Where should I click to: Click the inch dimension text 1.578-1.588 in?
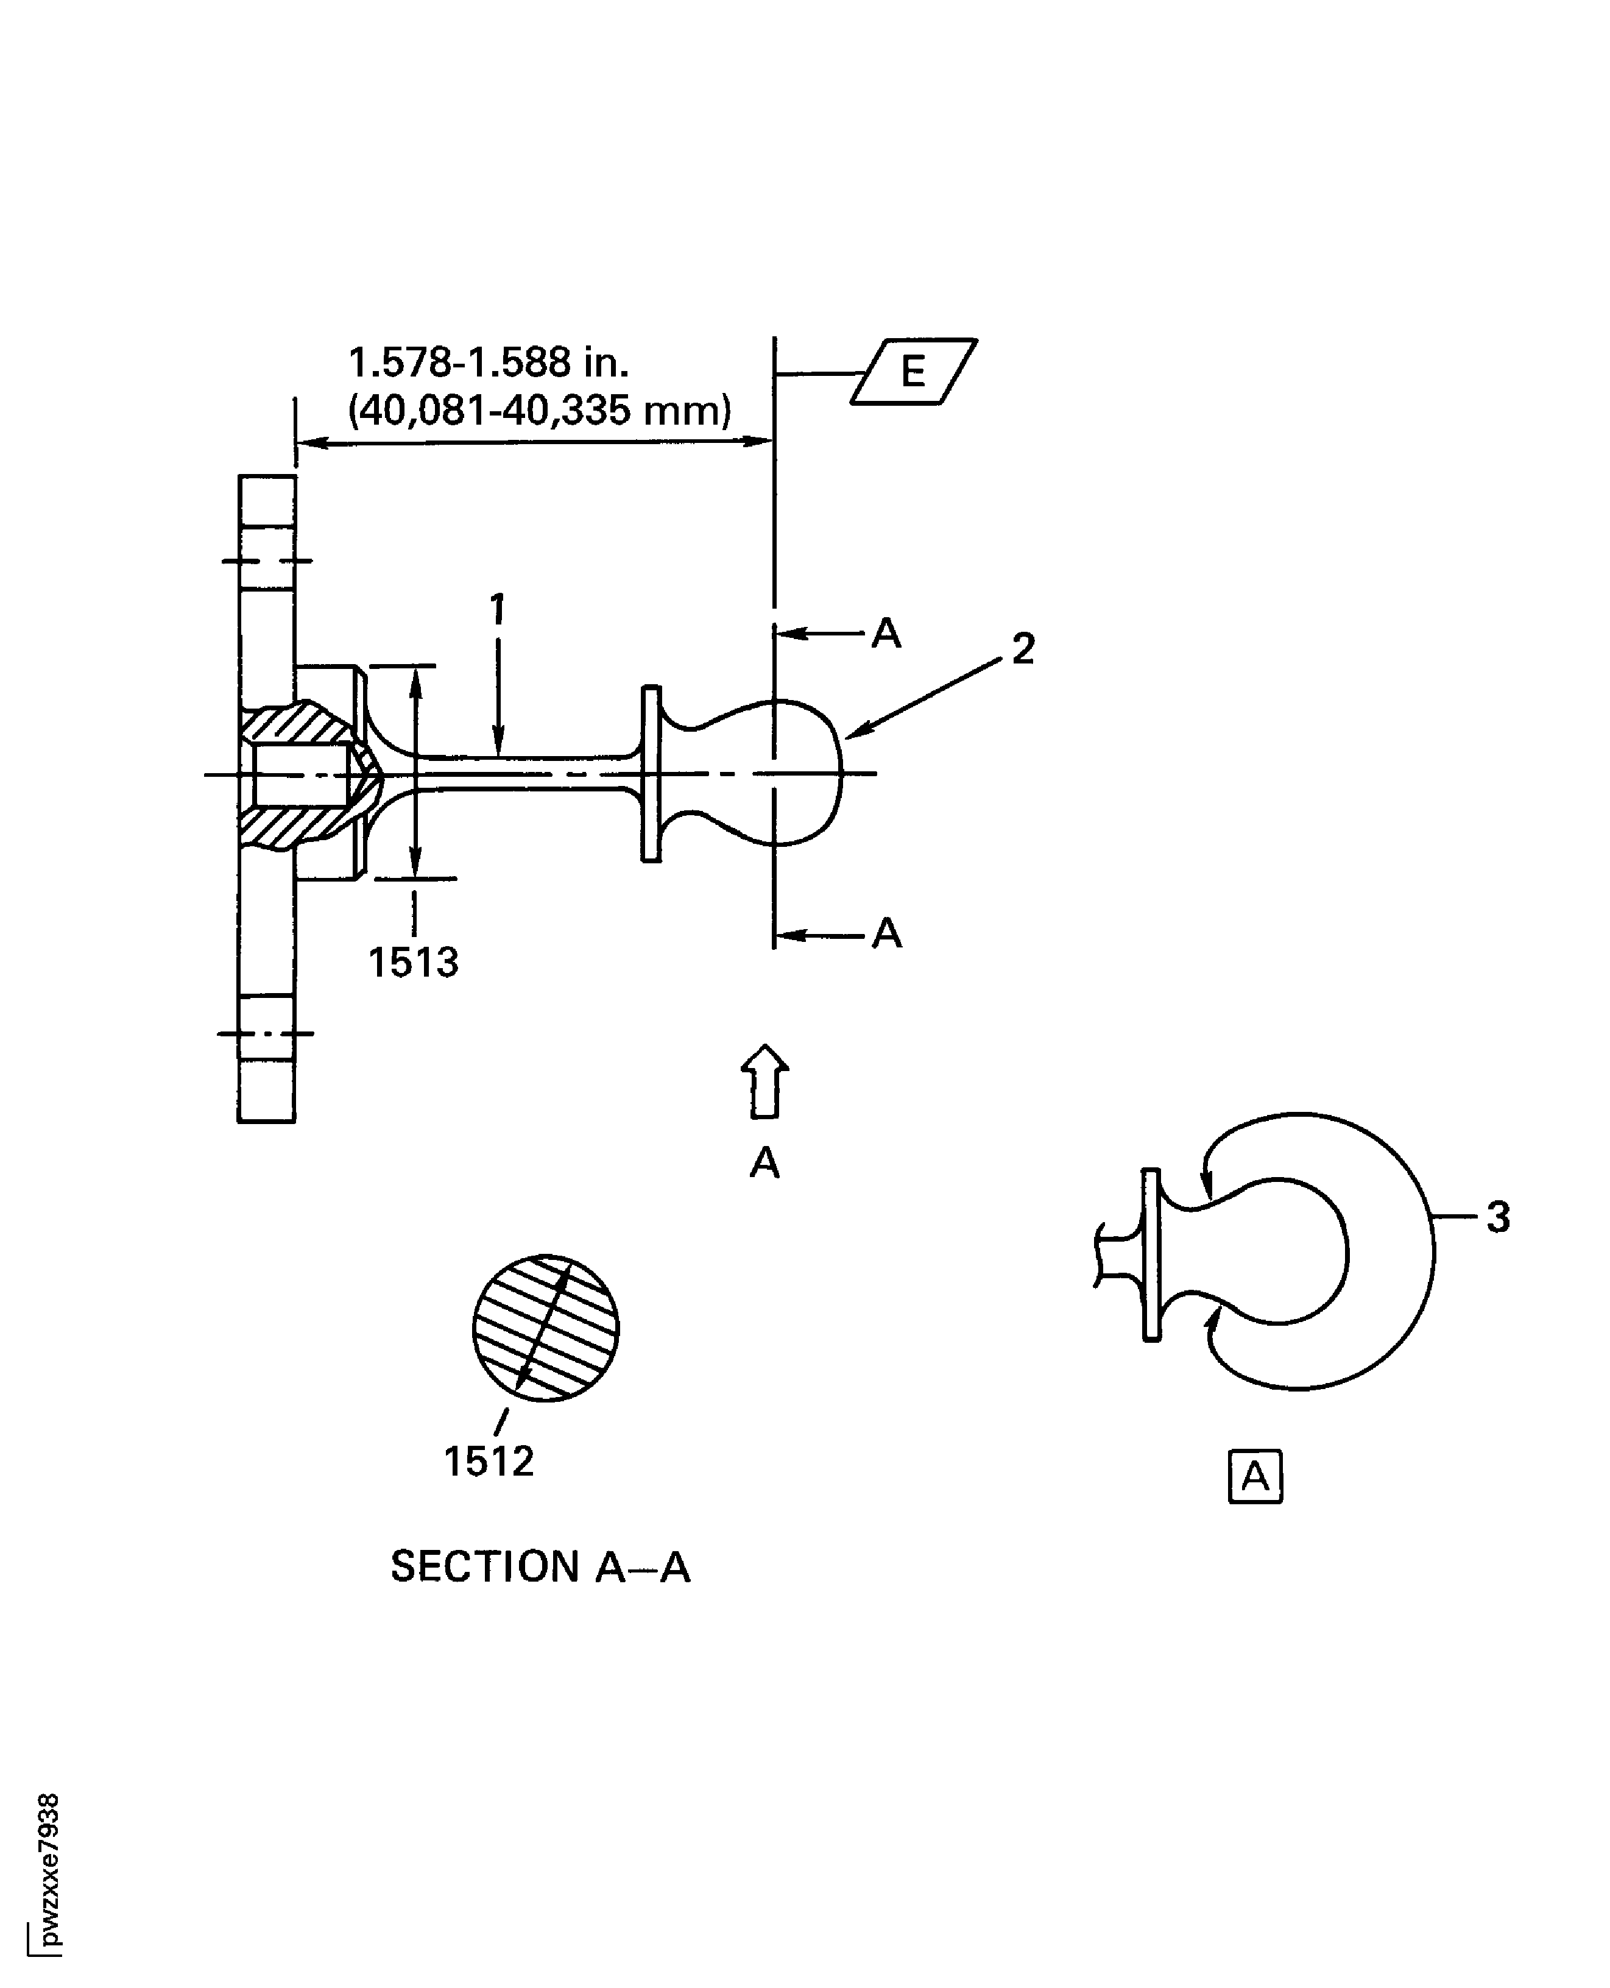tap(488, 362)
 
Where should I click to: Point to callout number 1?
tap(498, 609)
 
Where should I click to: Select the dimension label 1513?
tap(414, 963)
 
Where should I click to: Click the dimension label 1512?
tap(489, 1462)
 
